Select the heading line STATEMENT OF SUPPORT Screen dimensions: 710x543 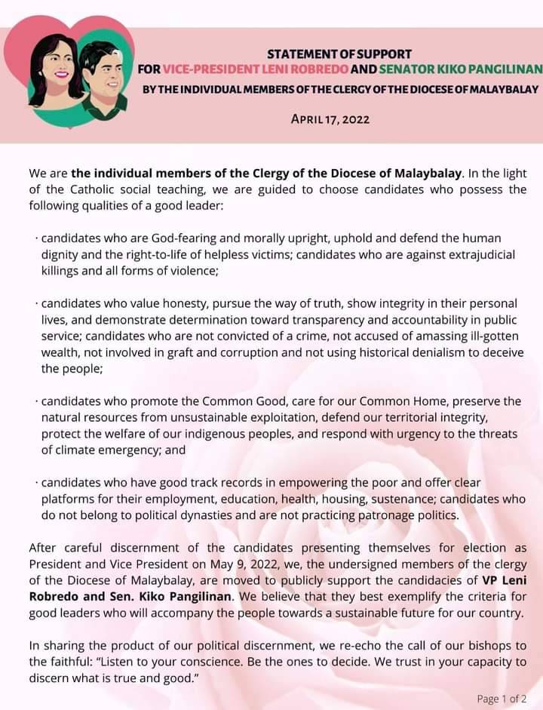coord(339,54)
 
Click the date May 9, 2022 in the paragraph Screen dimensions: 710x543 coord(216,562)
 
